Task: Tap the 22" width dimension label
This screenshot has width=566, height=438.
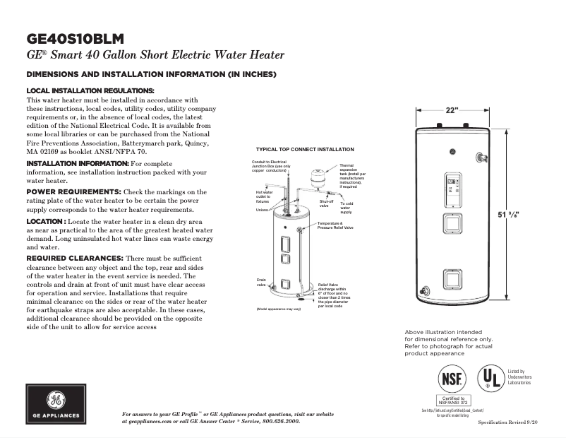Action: (452, 111)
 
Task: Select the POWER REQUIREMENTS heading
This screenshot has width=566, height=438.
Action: (73, 192)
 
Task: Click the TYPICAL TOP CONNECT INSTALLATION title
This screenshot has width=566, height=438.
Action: (305, 150)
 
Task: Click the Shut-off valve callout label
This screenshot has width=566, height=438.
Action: (326, 203)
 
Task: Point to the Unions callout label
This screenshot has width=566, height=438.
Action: (263, 210)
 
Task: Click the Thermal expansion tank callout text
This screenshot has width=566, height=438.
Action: (353, 176)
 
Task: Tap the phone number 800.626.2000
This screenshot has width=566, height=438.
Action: (272, 421)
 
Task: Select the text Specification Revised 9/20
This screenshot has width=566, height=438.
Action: (508, 421)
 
